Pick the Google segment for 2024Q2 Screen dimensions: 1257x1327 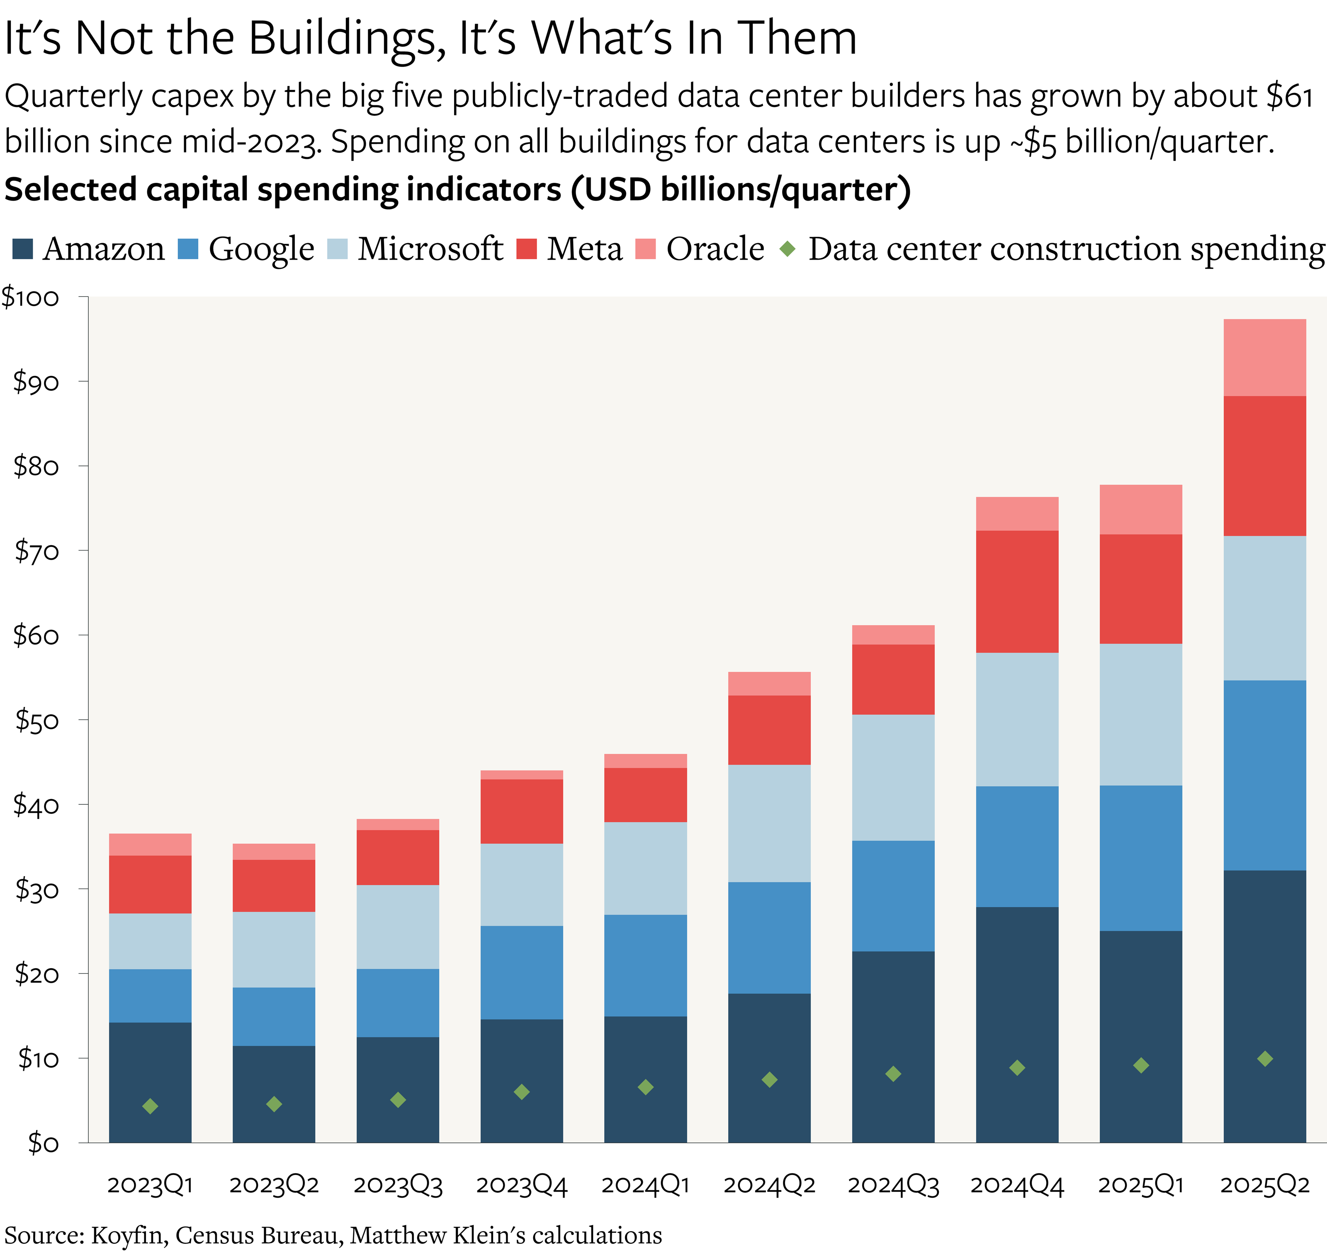[x=769, y=938]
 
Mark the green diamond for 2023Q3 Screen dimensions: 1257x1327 [x=398, y=1099]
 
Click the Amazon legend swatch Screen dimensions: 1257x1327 [x=23, y=249]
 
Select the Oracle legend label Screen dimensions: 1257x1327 [x=715, y=249]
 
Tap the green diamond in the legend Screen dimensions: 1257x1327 [x=788, y=249]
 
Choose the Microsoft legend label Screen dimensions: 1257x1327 [x=430, y=249]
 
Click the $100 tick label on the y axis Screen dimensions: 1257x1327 [x=31, y=297]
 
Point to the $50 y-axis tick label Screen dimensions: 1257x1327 [x=37, y=720]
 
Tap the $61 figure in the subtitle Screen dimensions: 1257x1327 [x=1290, y=97]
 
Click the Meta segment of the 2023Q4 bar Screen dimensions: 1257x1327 [x=521, y=811]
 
